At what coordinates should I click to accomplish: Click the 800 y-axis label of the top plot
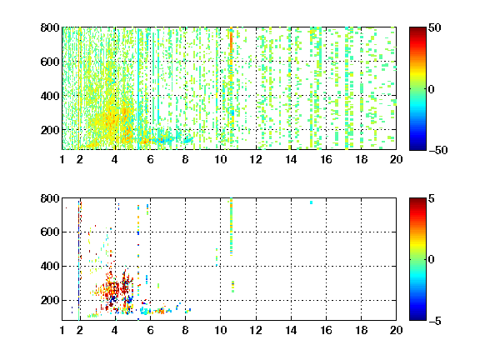pos(50,27)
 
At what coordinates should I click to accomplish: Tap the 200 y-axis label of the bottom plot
pos(50,300)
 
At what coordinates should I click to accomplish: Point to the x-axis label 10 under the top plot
pos(220,159)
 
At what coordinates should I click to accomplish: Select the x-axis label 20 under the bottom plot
pos(396,330)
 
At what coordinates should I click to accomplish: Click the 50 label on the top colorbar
pos(435,27)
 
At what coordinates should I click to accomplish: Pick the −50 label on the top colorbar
pos(438,150)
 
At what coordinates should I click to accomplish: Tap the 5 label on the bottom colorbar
pos(432,198)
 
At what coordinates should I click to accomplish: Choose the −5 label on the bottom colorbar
pos(435,321)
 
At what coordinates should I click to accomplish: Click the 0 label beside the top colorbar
pos(431,89)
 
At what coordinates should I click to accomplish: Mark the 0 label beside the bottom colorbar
pos(431,260)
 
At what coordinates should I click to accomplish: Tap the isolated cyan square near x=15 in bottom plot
pos(311,202)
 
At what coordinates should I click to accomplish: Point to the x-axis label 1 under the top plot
pos(62,159)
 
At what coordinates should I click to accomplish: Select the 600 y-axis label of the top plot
pos(50,62)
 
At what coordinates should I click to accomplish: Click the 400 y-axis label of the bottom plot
pos(50,266)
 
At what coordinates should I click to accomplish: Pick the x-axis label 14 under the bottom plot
pos(291,330)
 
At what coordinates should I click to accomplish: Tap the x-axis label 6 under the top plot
pos(150,159)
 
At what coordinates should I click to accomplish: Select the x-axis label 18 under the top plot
pos(361,159)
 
